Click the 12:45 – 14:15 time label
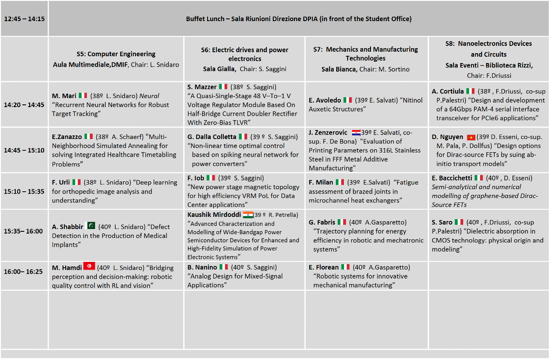[x=24, y=19]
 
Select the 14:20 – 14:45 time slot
[x=24, y=105]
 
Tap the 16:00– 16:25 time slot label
[x=23, y=272]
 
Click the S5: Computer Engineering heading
[x=116, y=54]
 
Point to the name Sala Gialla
[x=219, y=69]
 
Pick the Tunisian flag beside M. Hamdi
[x=89, y=266]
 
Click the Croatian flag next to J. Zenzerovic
[x=356, y=132]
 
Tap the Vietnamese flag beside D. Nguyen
[x=471, y=137]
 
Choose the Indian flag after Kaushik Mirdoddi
[x=248, y=215]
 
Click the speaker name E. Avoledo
[x=325, y=100]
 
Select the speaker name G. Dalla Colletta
[x=212, y=137]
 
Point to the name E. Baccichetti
[x=451, y=178]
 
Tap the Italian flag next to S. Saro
[x=459, y=222]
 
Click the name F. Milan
[x=321, y=182]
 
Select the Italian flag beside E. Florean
[x=345, y=267]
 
